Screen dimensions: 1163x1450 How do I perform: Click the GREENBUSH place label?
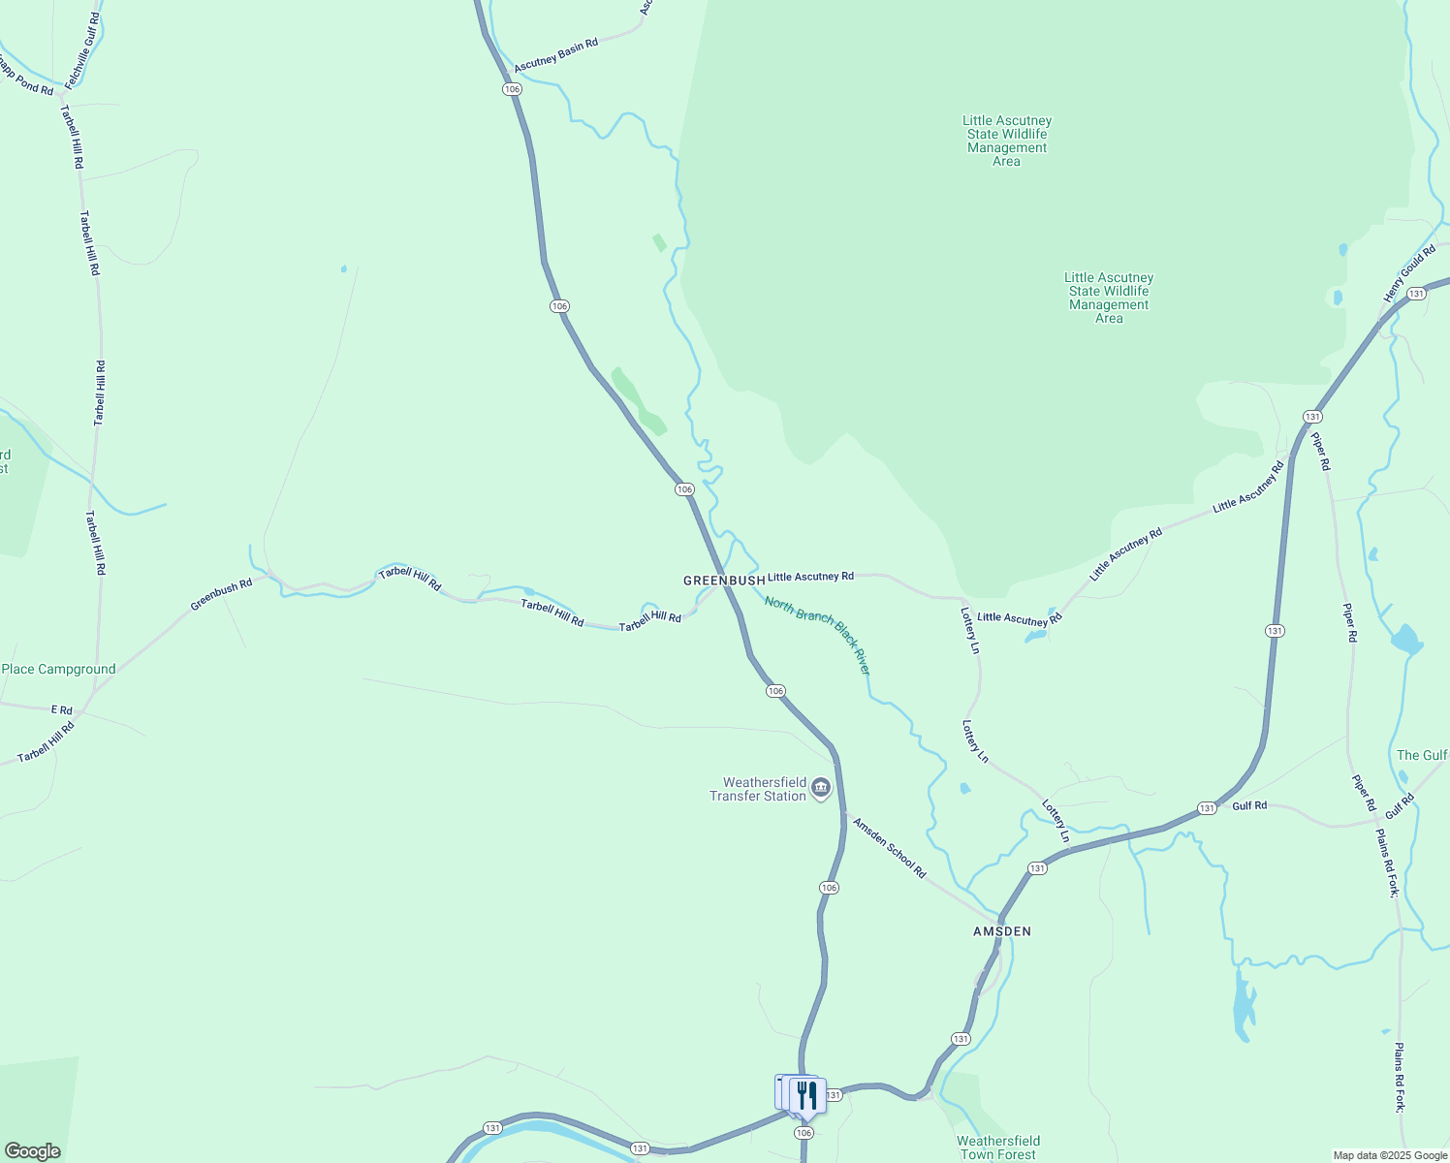point(724,581)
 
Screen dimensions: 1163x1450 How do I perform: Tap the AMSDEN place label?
point(1002,931)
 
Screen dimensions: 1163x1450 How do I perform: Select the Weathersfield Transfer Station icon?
point(821,788)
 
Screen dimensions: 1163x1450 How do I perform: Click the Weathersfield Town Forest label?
point(998,1147)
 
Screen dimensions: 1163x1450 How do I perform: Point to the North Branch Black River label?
point(817,635)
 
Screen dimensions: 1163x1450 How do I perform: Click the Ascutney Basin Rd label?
point(556,56)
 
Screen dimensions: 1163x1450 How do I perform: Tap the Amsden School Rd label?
point(889,847)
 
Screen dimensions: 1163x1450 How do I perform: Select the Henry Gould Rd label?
point(1409,274)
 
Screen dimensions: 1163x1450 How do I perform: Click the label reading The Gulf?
point(1422,755)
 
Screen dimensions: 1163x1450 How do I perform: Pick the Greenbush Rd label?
point(221,594)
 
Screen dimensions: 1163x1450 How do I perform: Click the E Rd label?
point(62,710)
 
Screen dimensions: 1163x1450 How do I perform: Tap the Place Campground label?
point(58,670)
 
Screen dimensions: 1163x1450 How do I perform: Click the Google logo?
point(33,1151)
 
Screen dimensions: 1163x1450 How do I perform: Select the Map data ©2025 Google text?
point(1390,1155)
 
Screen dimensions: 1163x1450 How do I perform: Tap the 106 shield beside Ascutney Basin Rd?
point(513,89)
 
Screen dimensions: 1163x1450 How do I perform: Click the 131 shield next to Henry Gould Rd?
point(1416,294)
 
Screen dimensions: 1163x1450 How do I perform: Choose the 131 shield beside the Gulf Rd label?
point(1206,808)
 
